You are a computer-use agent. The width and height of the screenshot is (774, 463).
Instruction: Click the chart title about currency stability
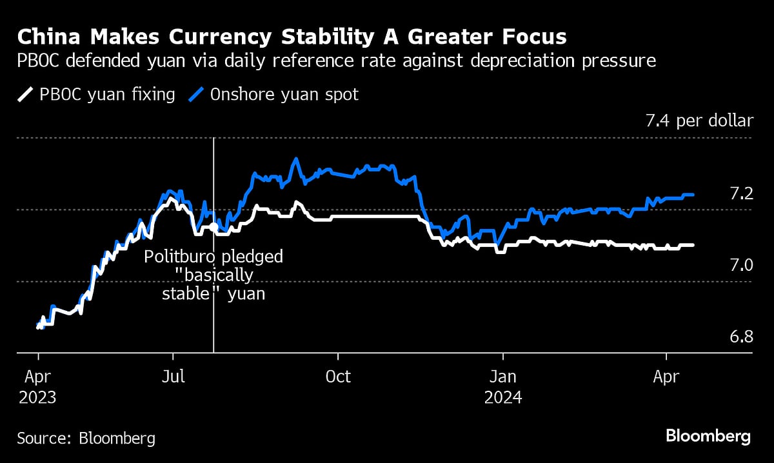(x=292, y=37)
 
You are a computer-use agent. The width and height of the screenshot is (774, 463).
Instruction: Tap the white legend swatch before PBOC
(x=24, y=95)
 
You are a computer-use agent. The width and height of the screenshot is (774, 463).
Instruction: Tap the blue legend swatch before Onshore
(x=197, y=95)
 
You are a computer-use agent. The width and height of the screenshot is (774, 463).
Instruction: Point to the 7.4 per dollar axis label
(x=699, y=121)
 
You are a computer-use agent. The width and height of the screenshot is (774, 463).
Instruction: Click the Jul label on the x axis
(x=172, y=376)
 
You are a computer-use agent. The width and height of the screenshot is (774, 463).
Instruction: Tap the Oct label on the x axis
(x=337, y=376)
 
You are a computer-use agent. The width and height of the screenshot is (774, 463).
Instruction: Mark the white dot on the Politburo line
(x=213, y=227)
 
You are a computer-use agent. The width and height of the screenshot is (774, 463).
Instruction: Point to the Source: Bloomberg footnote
(x=86, y=438)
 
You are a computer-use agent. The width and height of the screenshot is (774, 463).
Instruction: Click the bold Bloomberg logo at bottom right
(x=708, y=437)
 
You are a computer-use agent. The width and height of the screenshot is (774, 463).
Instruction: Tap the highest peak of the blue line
(x=295, y=159)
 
